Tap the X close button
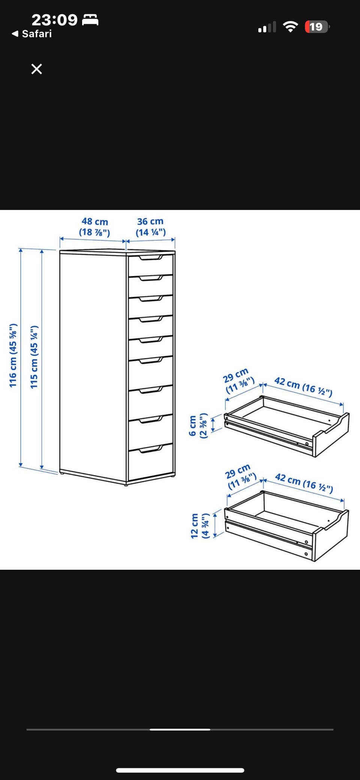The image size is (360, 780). [x=36, y=69]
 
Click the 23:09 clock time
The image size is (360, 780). [x=54, y=19]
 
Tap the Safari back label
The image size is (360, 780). [x=32, y=34]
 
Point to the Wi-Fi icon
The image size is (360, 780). [x=290, y=27]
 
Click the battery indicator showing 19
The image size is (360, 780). [x=317, y=27]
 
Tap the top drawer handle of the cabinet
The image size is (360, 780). [x=150, y=258]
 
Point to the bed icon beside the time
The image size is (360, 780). [x=90, y=19]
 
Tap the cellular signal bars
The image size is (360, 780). [x=267, y=27]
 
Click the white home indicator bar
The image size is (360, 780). [x=180, y=770]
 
